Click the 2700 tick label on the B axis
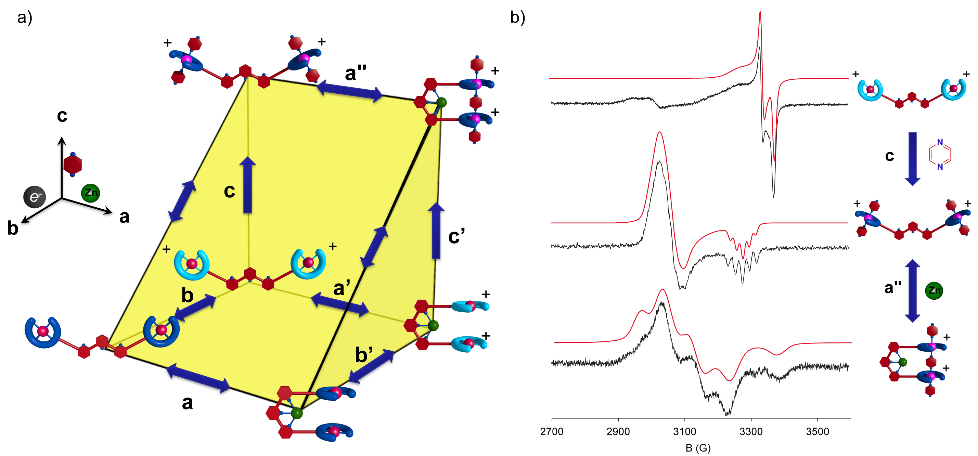pos(551,432)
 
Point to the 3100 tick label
pos(684,432)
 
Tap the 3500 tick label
pos(818,432)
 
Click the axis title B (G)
pos(698,448)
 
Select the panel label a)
pos(25,17)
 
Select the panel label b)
pos(517,17)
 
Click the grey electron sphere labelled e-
pos(35,197)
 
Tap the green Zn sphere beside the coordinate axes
pos(90,193)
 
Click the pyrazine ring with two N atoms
pos(940,155)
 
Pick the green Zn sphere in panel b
pos(934,290)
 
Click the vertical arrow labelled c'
pos(436,231)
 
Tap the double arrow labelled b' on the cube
pos(371,366)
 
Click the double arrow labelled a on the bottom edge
pos(198,377)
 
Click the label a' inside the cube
pos(341,288)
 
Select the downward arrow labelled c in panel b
pos(912,159)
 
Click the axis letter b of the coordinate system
pos(13,229)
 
